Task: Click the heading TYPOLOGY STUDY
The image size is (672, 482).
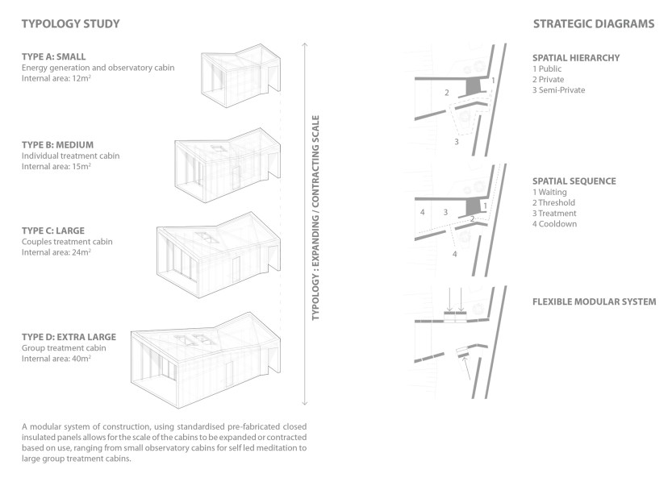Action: coord(70,24)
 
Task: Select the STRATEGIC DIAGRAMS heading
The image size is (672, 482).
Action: coord(593,24)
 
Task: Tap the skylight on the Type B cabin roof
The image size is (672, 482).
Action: coord(217,148)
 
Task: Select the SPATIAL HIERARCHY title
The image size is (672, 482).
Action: coord(575,59)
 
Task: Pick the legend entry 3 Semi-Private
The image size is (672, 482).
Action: coord(558,90)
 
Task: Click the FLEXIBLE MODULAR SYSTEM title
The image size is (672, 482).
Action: coord(594,302)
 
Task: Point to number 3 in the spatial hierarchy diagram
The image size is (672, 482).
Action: coord(456,141)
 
